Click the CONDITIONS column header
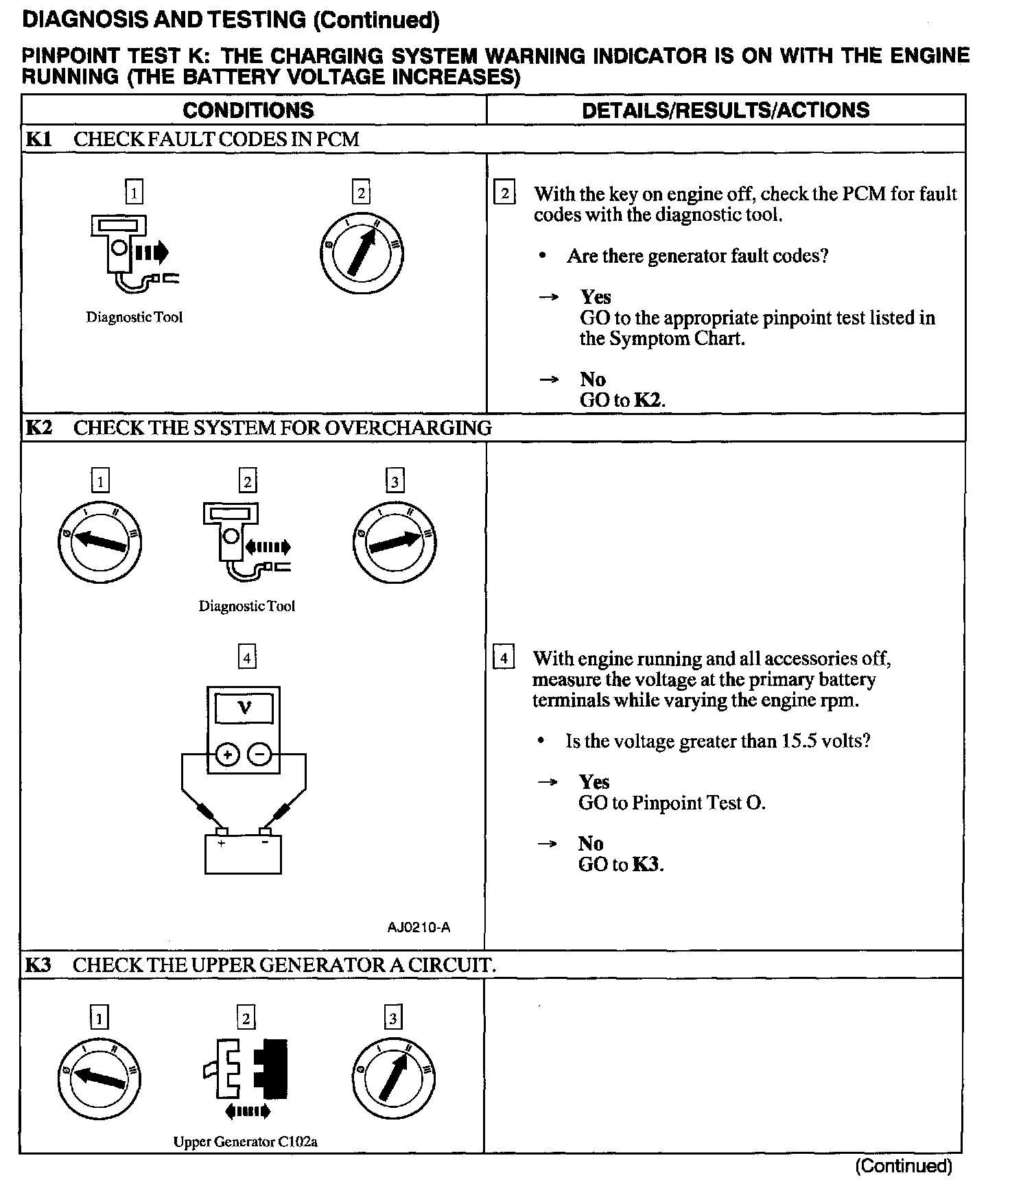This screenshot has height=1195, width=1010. point(248,110)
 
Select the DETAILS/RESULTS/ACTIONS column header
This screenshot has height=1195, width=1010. point(725,110)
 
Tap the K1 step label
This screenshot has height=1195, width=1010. point(38,139)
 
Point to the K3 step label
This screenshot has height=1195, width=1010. point(38,965)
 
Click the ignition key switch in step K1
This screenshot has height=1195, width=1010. point(362,254)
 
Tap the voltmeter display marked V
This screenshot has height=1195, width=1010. point(244,708)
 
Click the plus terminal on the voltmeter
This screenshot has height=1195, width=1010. point(227,755)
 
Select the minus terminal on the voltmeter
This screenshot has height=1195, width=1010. point(260,755)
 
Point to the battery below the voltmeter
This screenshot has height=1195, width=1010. point(243,853)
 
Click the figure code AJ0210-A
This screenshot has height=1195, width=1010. point(419,928)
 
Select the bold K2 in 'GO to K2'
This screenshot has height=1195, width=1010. point(648,401)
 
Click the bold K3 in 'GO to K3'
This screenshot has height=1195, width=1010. point(647,864)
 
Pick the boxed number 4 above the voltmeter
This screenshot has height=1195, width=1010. point(247,658)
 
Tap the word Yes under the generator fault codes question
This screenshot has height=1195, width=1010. point(595,297)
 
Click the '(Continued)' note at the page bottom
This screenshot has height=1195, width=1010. point(903,1166)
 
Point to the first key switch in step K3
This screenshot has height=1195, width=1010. point(99,1078)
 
